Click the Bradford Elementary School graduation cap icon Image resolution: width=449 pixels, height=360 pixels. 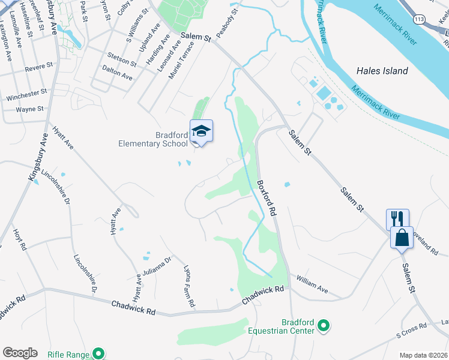click(202, 131)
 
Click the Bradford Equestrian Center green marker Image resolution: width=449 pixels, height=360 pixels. click(324, 326)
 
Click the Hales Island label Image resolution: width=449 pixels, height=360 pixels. click(382, 71)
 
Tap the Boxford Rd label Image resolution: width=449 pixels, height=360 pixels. click(267, 197)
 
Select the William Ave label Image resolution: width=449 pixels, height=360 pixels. click(312, 284)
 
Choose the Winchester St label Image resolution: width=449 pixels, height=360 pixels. click(26, 95)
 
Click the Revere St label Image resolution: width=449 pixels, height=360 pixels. click(39, 67)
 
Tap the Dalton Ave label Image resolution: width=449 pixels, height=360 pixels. click(118, 74)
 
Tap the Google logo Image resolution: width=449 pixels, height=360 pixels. click(20, 353)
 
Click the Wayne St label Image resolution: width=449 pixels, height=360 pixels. click(29, 109)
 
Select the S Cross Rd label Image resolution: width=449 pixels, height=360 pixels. click(411, 328)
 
